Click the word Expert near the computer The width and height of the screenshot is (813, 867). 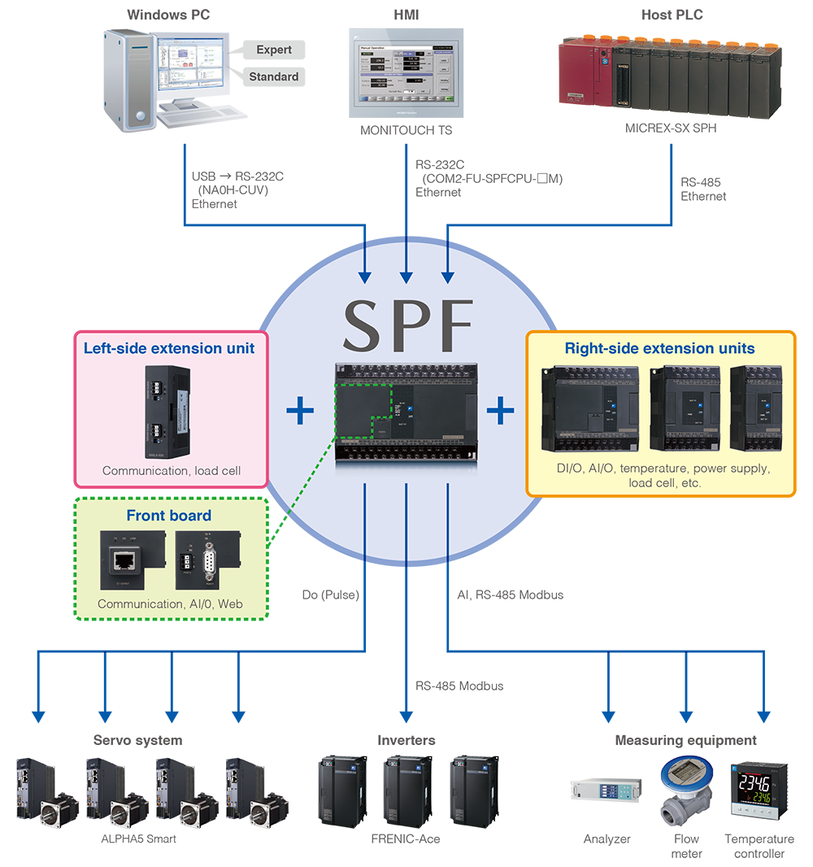[x=274, y=50]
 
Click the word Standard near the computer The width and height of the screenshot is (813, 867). [x=273, y=76]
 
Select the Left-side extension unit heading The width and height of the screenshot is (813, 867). [x=169, y=348]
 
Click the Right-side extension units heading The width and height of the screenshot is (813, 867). [x=659, y=348]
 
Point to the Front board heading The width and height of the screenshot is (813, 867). [x=168, y=515]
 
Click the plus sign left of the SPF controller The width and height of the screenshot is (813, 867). [x=300, y=411]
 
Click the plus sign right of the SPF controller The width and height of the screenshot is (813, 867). [x=500, y=411]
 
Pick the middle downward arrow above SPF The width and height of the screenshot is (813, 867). [x=406, y=260]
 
